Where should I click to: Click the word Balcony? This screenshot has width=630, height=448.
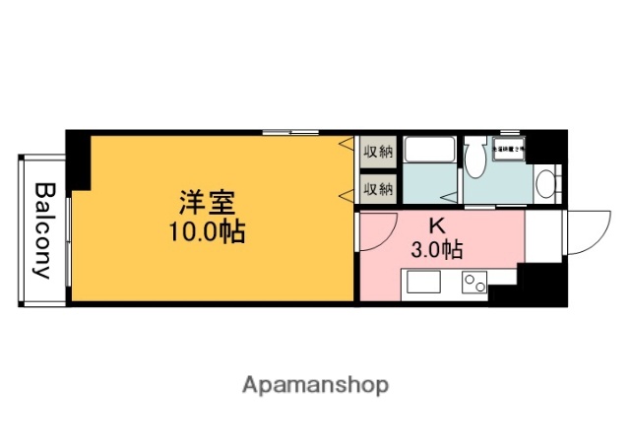pos(43,229)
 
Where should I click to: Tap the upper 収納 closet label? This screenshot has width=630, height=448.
pos(379,153)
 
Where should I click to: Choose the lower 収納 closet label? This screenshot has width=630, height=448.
pos(379,187)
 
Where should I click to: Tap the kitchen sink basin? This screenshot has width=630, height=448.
pos(421,286)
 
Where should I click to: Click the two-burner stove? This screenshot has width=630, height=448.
pos(472,287)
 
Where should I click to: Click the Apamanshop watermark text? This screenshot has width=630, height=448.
pos(315,384)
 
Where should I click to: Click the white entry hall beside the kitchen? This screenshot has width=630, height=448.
pos(540,236)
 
